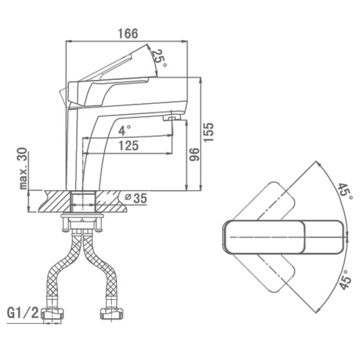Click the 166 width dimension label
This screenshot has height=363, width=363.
click(x=128, y=34)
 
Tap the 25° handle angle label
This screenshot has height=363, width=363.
click(x=159, y=59)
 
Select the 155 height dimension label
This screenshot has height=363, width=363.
click(x=208, y=132)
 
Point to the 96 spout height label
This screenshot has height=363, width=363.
click(x=194, y=154)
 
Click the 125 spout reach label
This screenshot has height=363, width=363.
click(x=128, y=146)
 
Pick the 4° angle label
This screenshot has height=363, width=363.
click(x=124, y=130)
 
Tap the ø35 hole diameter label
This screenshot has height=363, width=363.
click(x=136, y=199)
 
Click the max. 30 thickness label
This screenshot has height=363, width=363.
click(x=23, y=168)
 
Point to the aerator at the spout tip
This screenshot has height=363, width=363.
click(x=172, y=118)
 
